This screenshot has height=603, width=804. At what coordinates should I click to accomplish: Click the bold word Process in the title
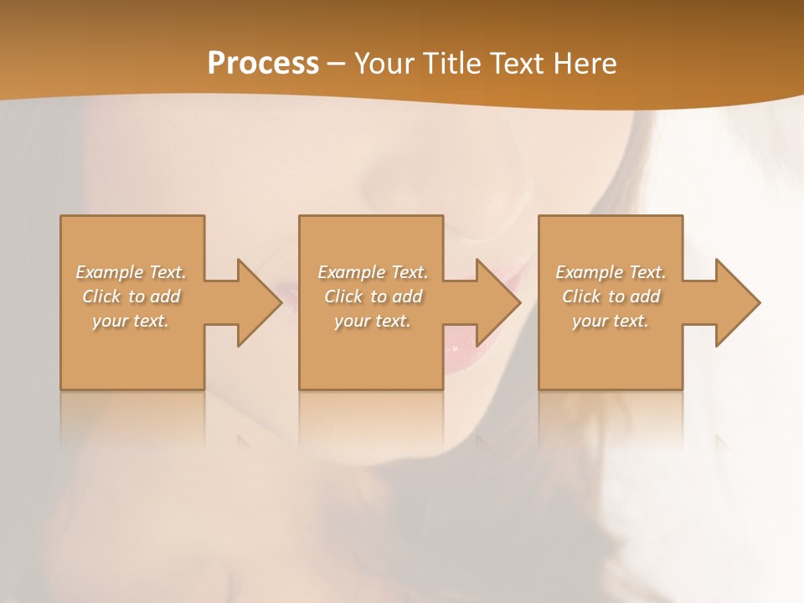coord(263,64)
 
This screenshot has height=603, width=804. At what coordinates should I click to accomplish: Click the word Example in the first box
coord(110,272)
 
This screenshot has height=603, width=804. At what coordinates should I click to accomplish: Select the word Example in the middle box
coord(351,272)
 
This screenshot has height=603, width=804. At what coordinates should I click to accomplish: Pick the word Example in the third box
coord(589,272)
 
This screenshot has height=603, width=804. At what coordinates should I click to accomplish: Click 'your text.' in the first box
coord(131,321)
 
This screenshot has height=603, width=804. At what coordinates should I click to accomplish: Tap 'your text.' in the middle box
coord(372,321)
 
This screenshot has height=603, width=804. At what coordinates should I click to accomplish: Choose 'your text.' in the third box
coord(611,321)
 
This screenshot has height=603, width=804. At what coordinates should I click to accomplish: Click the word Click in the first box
coord(101,296)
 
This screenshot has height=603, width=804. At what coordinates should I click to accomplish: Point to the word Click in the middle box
coord(343,296)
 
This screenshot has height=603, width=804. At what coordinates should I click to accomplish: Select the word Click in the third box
coord(581,296)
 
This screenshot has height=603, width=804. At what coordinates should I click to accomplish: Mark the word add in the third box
coord(645,296)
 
